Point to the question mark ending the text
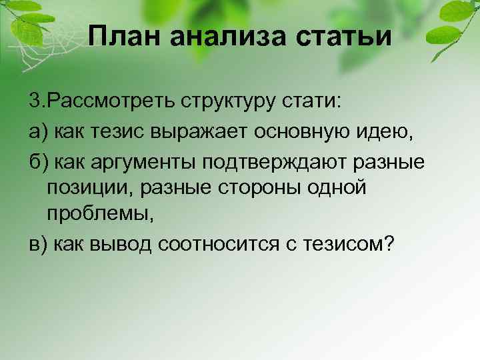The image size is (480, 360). (389, 244)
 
